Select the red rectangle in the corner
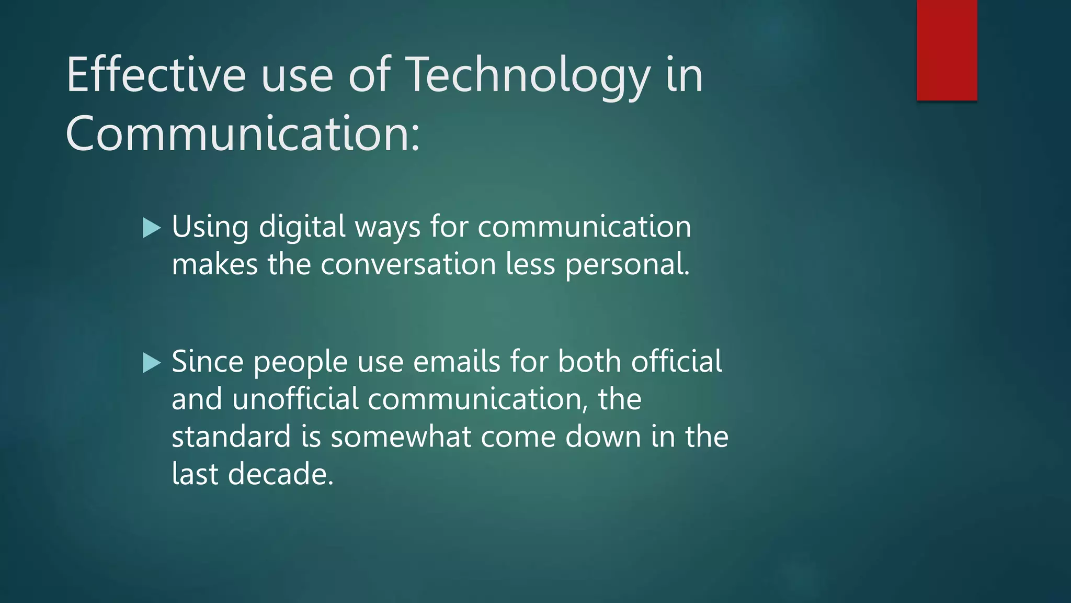click(x=947, y=50)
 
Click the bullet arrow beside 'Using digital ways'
click(x=152, y=228)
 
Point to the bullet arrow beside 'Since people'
click(x=152, y=362)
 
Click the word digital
click(x=302, y=227)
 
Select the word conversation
click(x=408, y=264)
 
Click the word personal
click(x=627, y=265)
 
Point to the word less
click(x=530, y=264)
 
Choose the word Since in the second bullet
click(x=208, y=362)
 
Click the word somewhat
click(x=401, y=437)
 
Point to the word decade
click(x=280, y=474)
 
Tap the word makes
click(x=214, y=264)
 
